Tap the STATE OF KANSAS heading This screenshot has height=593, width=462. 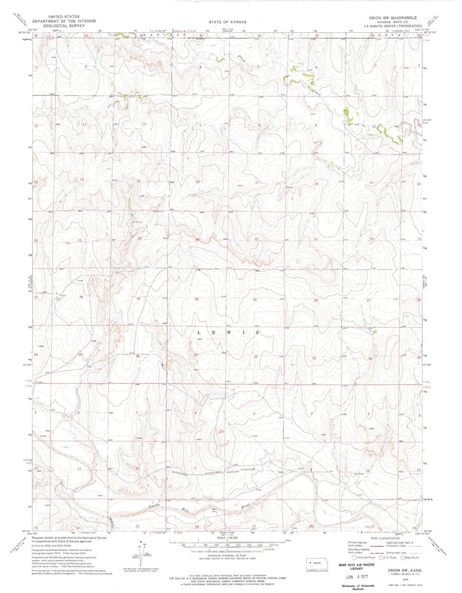click(x=227, y=22)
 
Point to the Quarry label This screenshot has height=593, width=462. click(x=138, y=221)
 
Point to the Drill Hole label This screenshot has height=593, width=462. click(x=359, y=474)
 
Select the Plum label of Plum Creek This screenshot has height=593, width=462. click(x=243, y=59)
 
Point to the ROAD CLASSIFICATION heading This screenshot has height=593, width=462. click(x=385, y=538)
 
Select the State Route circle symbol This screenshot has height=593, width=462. click(x=403, y=557)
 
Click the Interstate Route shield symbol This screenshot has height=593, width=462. click(x=354, y=557)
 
